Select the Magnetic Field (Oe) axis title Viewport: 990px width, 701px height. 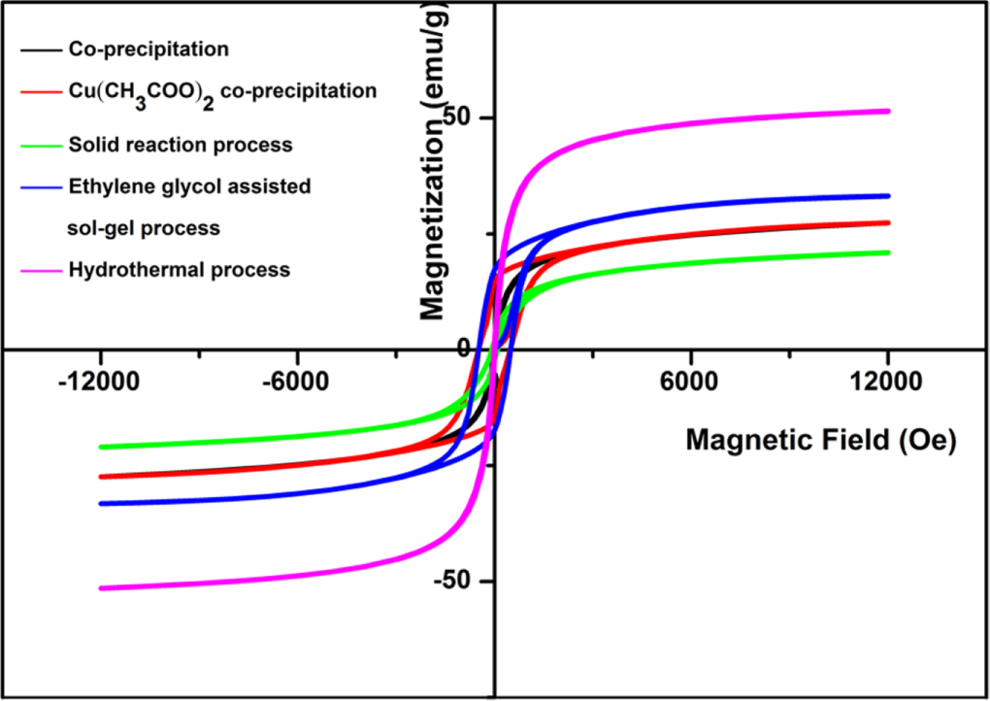click(821, 440)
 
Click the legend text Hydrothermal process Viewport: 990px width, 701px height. click(180, 270)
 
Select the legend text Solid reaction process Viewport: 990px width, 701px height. click(181, 145)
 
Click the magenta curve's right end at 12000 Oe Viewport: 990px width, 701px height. click(887, 111)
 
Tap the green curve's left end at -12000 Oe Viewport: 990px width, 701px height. click(101, 447)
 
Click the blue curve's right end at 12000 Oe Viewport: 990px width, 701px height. click(887, 196)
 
